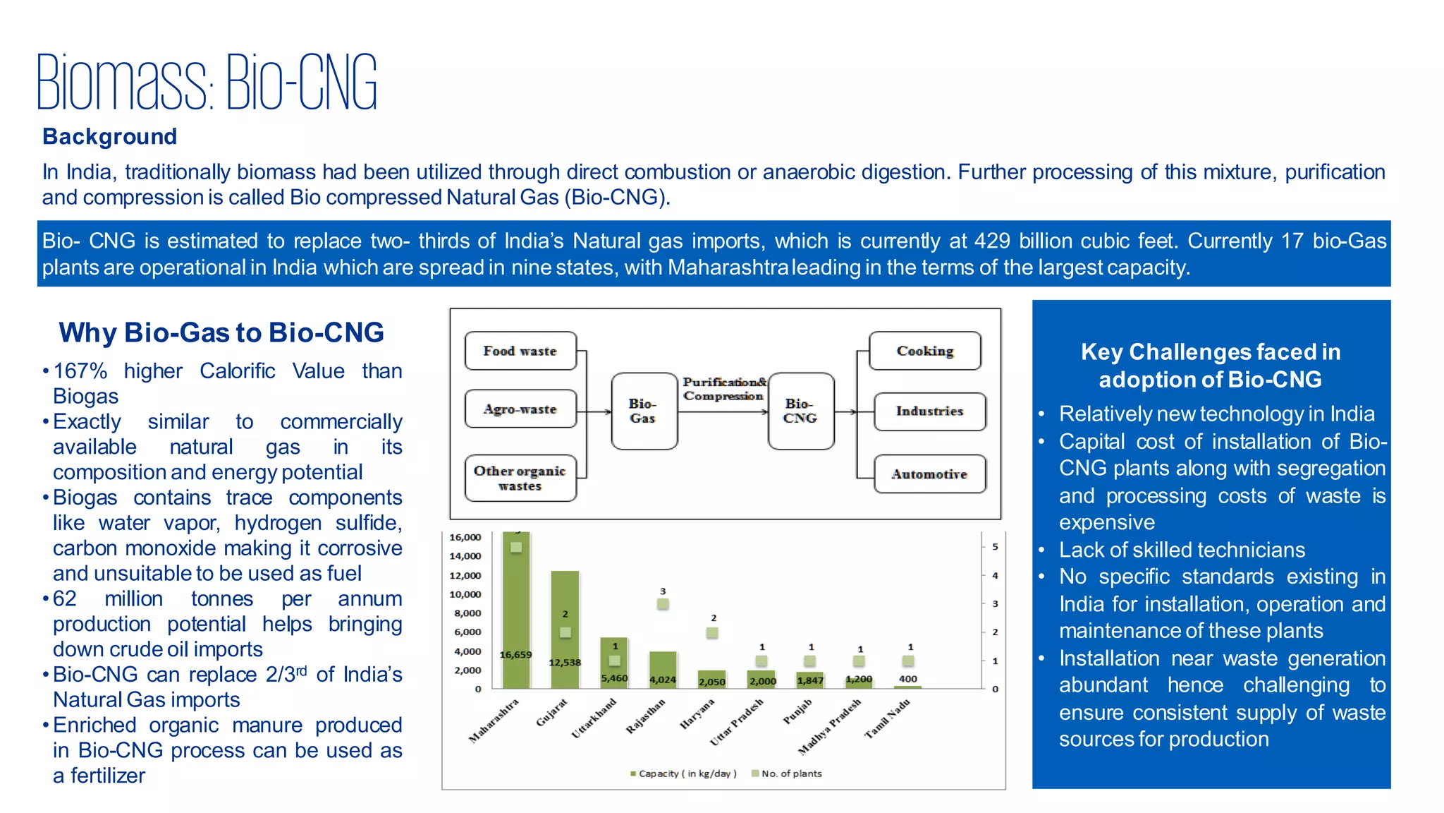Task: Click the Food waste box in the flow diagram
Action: click(520, 351)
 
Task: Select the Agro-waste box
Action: click(520, 409)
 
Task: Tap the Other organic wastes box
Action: click(520, 478)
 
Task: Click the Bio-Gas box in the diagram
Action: click(644, 411)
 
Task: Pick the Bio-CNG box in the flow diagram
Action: click(800, 411)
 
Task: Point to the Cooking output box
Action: click(925, 351)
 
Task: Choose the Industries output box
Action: click(929, 411)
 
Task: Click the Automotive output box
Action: click(929, 474)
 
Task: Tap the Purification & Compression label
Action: click(724, 389)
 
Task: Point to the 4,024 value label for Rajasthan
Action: click(663, 680)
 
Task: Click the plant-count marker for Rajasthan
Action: click(663, 604)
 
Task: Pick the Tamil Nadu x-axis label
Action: click(888, 718)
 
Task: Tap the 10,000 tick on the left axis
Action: click(465, 594)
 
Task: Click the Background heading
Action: click(109, 136)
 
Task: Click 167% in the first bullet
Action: click(80, 371)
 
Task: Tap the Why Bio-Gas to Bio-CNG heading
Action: click(221, 332)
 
